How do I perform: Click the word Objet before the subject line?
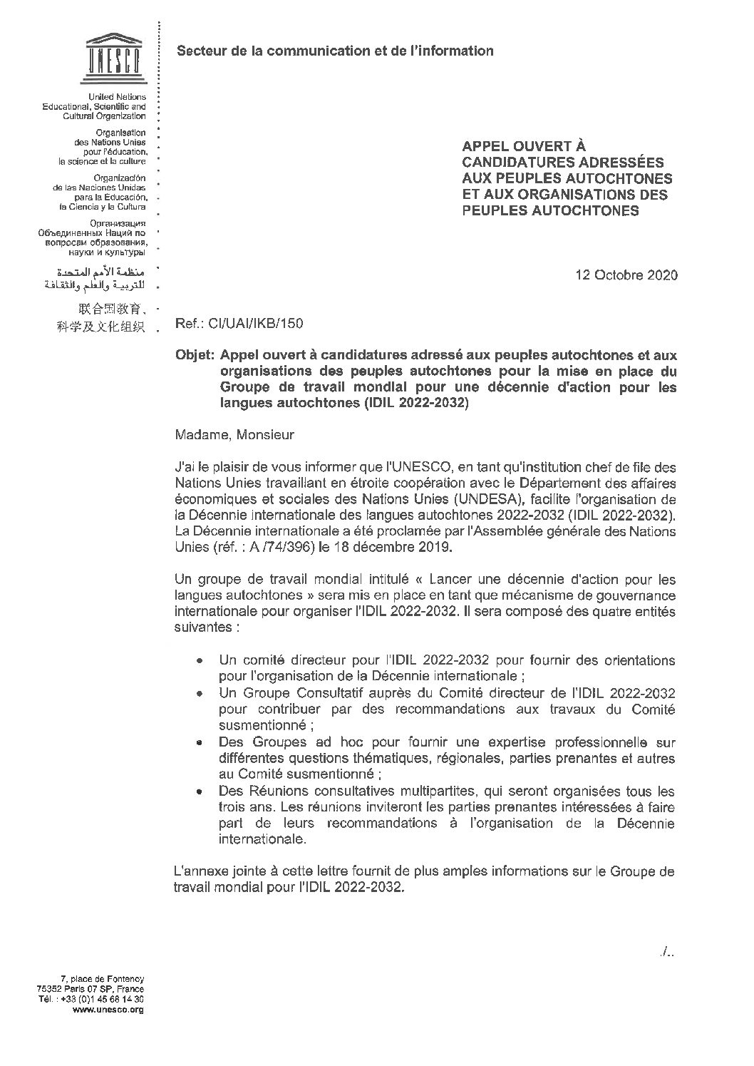tap(195, 355)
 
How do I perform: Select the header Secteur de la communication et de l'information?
tap(334, 51)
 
